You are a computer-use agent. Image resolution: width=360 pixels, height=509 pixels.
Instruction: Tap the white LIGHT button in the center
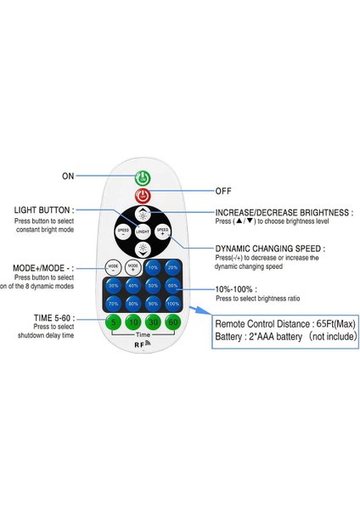tap(143, 231)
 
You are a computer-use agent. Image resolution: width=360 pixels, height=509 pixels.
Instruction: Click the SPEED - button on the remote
tap(124, 231)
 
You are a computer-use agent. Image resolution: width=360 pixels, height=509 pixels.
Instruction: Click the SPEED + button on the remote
tap(163, 231)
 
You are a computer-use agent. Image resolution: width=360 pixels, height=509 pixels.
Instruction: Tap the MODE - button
tap(113, 266)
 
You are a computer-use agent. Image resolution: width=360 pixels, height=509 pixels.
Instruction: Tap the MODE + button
tap(132, 266)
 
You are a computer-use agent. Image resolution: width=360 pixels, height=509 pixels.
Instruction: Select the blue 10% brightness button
tap(153, 266)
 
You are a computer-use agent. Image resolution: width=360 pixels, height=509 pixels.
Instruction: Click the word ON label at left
tap(68, 176)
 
